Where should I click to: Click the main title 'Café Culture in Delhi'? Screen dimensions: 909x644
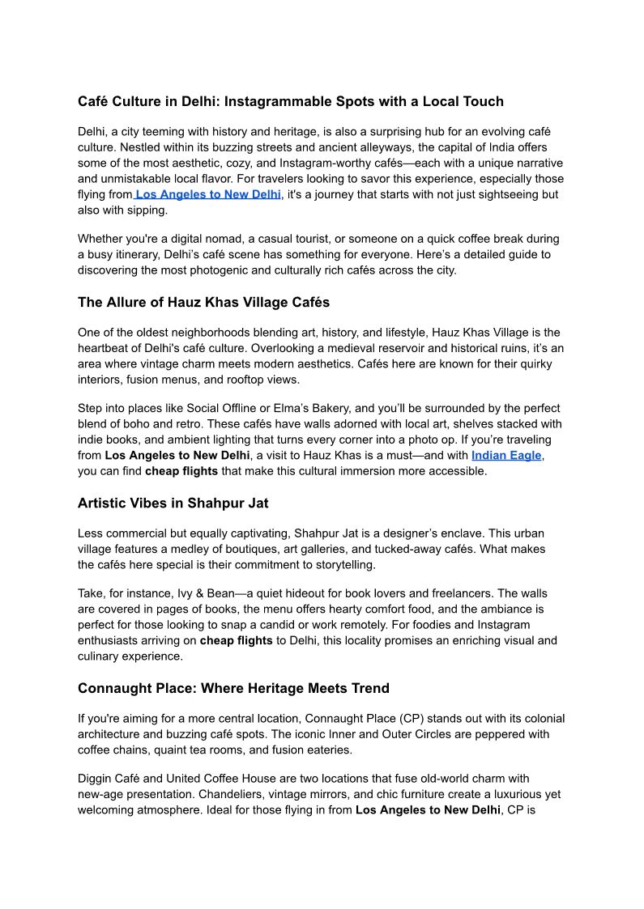(290, 101)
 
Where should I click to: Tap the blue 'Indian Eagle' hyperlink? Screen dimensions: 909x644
(506, 455)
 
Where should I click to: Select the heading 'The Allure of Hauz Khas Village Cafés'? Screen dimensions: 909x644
(203, 302)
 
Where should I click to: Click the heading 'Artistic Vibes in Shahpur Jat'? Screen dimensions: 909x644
(173, 503)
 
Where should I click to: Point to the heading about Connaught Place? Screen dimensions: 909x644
(233, 688)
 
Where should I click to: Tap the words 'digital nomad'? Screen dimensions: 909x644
(206, 239)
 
